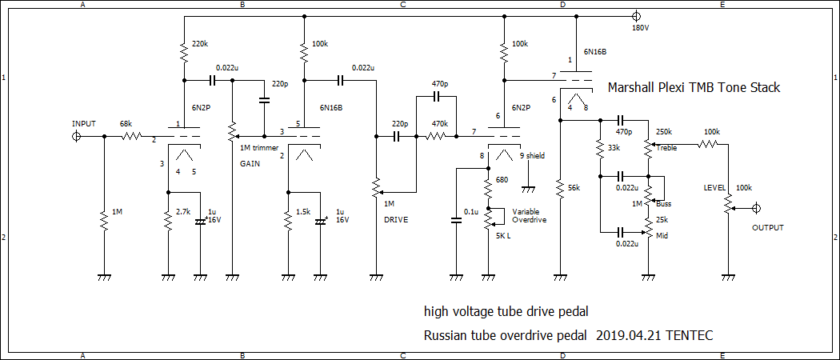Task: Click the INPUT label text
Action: pyautogui.click(x=84, y=124)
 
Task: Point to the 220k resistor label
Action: pyautogui.click(x=200, y=43)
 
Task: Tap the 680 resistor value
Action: pyautogui.click(x=502, y=181)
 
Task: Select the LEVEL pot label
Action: pyautogui.click(x=714, y=188)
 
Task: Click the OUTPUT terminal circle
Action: pyautogui.click(x=757, y=209)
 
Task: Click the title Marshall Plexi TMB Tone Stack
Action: pyautogui.click(x=694, y=88)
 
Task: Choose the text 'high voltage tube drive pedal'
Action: pyautogui.click(x=506, y=310)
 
